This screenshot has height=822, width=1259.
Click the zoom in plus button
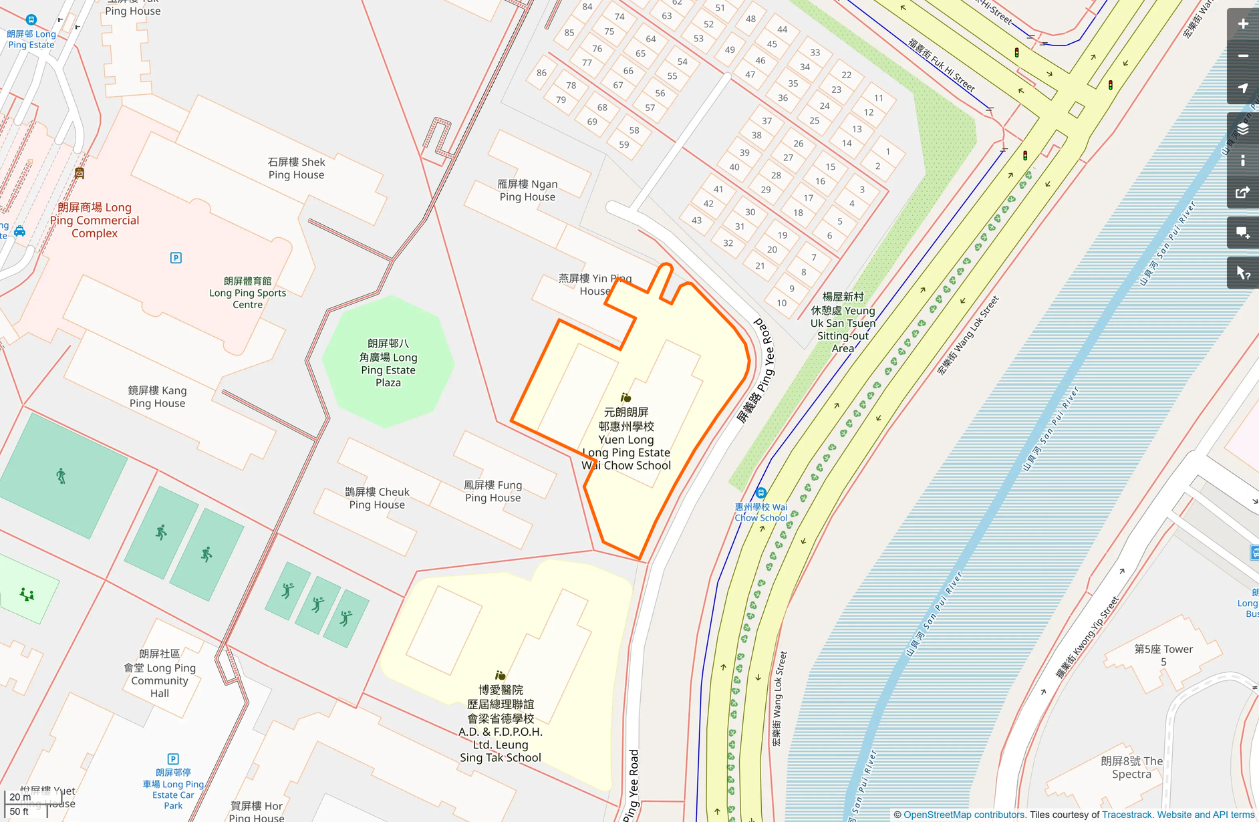[x=1242, y=24]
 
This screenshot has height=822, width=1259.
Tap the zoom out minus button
[x=1242, y=56]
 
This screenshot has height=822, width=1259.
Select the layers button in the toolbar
[x=1242, y=128]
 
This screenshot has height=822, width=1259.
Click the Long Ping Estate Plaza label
[x=388, y=363]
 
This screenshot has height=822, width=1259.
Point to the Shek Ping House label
[x=296, y=168]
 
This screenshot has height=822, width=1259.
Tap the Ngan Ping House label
[x=527, y=190]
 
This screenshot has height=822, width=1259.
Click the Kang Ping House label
[x=158, y=396]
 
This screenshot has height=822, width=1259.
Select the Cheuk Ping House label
[x=377, y=498]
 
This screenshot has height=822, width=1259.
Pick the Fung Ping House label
[x=493, y=491]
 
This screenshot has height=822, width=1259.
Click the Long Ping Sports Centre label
[x=247, y=293]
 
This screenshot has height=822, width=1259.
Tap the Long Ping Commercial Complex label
[x=94, y=220]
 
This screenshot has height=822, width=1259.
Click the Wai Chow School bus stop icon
[x=760, y=493]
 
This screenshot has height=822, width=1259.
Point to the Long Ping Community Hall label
[x=160, y=674]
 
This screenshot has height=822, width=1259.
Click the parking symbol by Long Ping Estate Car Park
[x=173, y=759]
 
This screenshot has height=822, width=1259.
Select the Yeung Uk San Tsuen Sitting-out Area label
[x=843, y=322]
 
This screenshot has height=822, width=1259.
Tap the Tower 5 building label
[x=1163, y=655]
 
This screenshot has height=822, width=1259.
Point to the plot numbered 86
[x=541, y=73]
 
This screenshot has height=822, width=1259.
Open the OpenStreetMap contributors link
[x=964, y=815]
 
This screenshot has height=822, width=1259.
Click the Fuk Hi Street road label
[x=942, y=65]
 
